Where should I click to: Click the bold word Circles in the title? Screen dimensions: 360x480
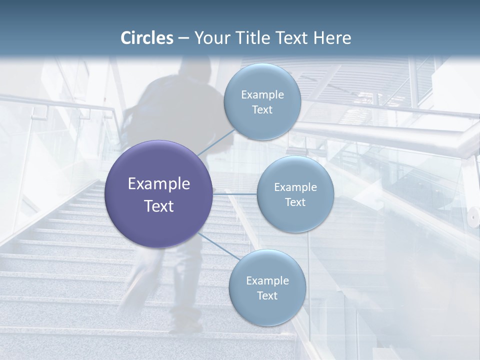[146, 38]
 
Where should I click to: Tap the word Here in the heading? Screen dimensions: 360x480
[331, 38]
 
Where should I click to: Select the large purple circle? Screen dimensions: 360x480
[158, 194]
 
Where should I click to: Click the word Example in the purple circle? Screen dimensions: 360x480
[159, 184]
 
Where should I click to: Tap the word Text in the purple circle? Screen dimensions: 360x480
[159, 206]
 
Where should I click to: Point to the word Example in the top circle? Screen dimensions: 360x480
[262, 95]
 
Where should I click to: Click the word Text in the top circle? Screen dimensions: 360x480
[262, 110]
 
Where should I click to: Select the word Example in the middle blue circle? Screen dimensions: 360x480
[295, 187]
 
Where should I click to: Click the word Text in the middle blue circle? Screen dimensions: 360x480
[295, 202]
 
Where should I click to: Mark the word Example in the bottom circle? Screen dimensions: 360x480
[267, 281]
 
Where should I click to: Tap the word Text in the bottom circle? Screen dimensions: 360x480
[267, 296]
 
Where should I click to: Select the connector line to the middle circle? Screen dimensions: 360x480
[235, 193]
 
